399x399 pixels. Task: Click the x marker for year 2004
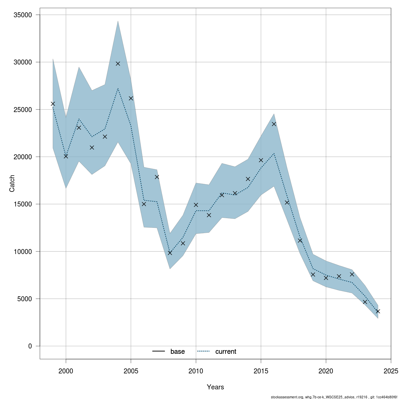click(118, 64)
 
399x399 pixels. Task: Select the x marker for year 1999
click(53, 104)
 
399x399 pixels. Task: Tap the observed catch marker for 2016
click(274, 124)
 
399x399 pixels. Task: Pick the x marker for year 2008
click(170, 253)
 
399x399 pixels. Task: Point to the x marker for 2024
click(378, 311)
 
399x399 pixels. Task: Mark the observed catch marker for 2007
click(157, 177)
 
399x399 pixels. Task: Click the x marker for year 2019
click(313, 274)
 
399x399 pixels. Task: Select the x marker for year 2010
click(196, 205)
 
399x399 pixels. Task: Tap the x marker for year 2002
click(92, 148)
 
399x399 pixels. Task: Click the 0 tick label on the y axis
click(30, 346)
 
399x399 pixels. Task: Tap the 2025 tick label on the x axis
click(391, 370)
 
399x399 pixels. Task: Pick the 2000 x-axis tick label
click(66, 370)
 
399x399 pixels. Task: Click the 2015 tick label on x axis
click(261, 370)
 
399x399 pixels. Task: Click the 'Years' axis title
click(215, 387)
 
